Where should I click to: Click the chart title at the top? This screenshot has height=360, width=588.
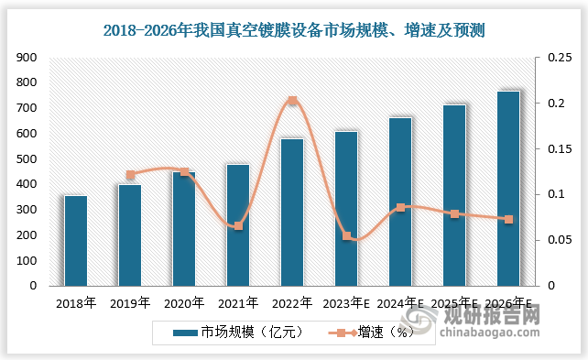(x=294, y=30)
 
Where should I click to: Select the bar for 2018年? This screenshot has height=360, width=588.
(x=76, y=240)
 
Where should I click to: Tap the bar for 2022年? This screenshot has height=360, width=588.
(x=292, y=212)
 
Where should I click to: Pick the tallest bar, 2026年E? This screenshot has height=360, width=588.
(x=508, y=188)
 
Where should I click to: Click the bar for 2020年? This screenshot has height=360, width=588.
(x=184, y=228)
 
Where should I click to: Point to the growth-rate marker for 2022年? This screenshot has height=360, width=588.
(x=292, y=101)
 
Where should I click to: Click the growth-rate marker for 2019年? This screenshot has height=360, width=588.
(x=130, y=175)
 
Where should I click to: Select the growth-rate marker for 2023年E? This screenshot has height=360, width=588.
(x=346, y=236)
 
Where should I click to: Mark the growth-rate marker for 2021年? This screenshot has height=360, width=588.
(x=238, y=225)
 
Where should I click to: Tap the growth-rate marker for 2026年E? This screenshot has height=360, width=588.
(x=508, y=219)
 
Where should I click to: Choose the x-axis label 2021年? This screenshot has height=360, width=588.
(x=238, y=302)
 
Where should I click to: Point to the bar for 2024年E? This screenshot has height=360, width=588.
(x=400, y=202)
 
